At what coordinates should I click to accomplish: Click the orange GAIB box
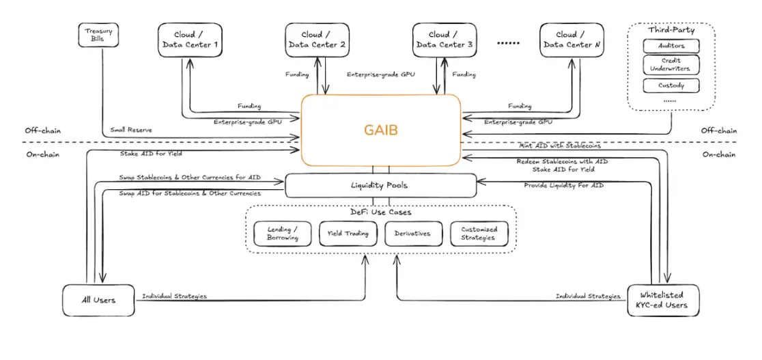click(x=381, y=129)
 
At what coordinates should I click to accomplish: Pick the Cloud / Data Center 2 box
click(x=317, y=40)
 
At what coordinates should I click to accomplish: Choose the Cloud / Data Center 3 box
click(x=444, y=40)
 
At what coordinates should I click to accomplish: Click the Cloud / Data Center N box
click(x=571, y=40)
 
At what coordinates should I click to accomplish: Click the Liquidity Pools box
click(x=380, y=185)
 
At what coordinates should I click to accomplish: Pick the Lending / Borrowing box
click(x=278, y=234)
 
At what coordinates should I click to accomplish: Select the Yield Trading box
click(x=348, y=234)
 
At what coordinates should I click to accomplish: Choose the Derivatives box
click(x=412, y=234)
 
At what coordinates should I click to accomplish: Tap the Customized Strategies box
click(x=479, y=234)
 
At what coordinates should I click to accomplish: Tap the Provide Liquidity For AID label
click(x=563, y=185)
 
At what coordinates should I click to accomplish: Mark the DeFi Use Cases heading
click(x=380, y=212)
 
